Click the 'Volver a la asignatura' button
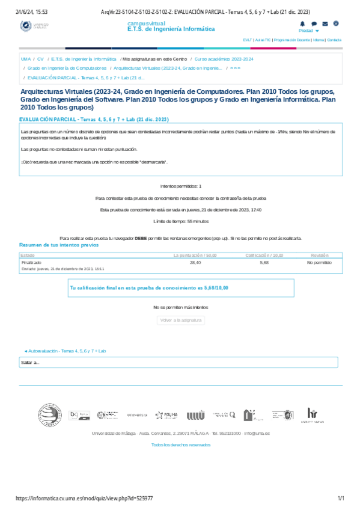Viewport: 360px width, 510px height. pyautogui.click(x=180, y=321)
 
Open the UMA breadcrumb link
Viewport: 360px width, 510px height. pyautogui.click(x=25, y=60)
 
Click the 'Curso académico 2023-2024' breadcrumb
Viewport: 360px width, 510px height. pyautogui.click(x=224, y=60)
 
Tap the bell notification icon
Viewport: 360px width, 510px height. pyautogui.click(x=302, y=23)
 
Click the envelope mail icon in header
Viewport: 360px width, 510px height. pyautogui.click(x=325, y=23)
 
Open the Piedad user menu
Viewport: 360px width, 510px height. pyautogui.click(x=308, y=30)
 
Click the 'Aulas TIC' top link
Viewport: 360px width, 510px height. pyautogui.click(x=262, y=40)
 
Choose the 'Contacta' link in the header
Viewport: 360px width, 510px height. pyautogui.click(x=334, y=40)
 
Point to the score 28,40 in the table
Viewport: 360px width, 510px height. pyautogui.click(x=195, y=263)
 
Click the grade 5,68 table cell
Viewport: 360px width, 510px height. pyautogui.click(x=264, y=263)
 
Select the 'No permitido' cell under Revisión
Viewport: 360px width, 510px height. pyautogui.click(x=319, y=263)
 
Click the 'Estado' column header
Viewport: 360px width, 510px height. pyautogui.click(x=28, y=256)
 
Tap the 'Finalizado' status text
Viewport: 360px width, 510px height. pyautogui.click(x=31, y=263)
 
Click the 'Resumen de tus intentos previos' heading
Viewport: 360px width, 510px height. pyautogui.click(x=58, y=245)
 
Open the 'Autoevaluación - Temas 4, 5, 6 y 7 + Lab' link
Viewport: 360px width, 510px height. pyautogui.click(x=65, y=351)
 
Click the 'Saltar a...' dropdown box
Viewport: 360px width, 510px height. pyautogui.click(x=180, y=362)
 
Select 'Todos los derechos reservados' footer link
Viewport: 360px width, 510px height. pyautogui.click(x=181, y=444)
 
